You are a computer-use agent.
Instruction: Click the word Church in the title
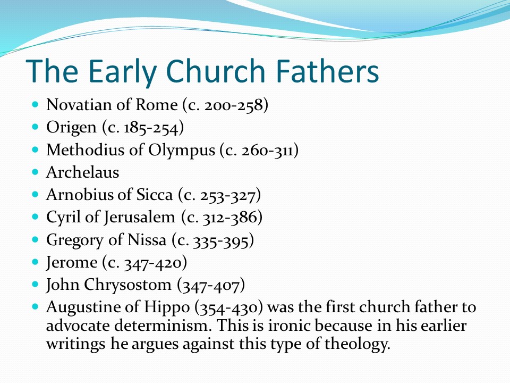[x=215, y=71]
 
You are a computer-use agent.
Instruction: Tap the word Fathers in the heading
[x=327, y=71]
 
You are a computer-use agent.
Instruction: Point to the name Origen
[x=71, y=128]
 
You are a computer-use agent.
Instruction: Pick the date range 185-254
[x=151, y=127]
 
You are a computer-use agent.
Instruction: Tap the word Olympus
[x=182, y=151]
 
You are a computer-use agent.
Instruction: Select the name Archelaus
[x=83, y=172]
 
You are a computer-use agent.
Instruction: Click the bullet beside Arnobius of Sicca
[x=36, y=195]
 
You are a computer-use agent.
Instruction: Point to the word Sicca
[x=154, y=195]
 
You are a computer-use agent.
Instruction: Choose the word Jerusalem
[x=140, y=218]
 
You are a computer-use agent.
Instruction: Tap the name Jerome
[x=72, y=262]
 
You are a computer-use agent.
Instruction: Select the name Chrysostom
[x=127, y=285]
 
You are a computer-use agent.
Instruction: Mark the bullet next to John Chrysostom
[x=36, y=284]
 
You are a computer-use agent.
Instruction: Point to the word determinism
[x=163, y=326]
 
